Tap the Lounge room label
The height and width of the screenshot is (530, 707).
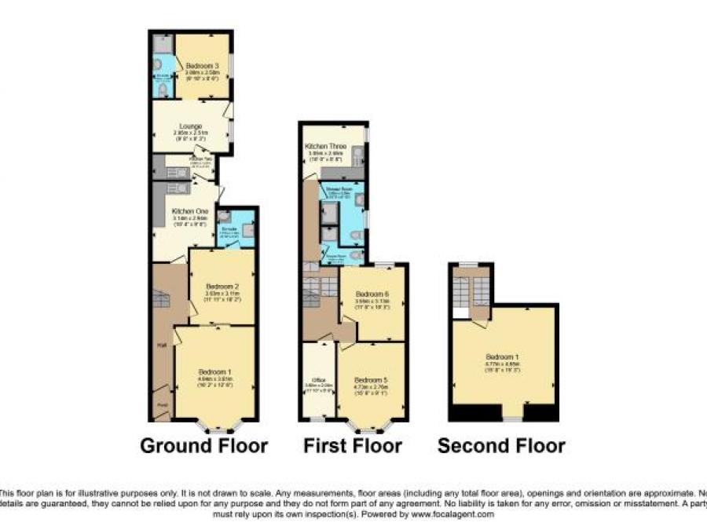point(190,126)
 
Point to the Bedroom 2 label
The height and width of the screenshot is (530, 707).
point(221,287)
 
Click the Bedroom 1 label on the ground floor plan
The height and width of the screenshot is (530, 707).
point(214,371)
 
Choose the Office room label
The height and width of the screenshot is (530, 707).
point(318,380)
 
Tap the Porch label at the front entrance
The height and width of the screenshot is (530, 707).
point(161,405)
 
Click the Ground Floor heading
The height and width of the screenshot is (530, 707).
point(203,447)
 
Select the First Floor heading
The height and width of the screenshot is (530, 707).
point(353,447)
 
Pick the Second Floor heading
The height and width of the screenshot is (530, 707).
point(501,447)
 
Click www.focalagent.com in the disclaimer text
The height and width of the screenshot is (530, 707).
point(452,514)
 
